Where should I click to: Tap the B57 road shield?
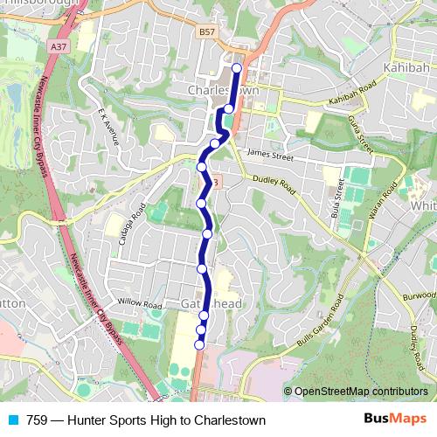tap(206, 32)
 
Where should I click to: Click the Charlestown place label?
tap(223, 89)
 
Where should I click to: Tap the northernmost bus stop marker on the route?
tap(236, 66)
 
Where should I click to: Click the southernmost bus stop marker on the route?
tap(199, 345)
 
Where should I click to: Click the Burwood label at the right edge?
tap(420, 296)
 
